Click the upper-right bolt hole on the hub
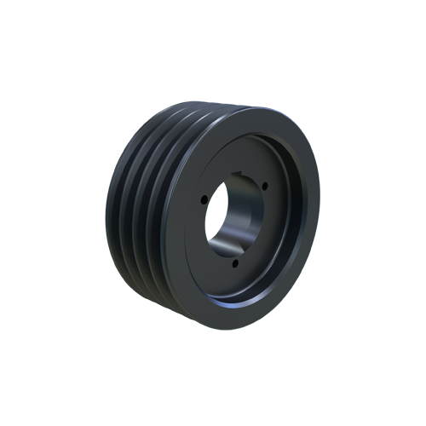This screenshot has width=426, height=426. click(265, 187)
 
